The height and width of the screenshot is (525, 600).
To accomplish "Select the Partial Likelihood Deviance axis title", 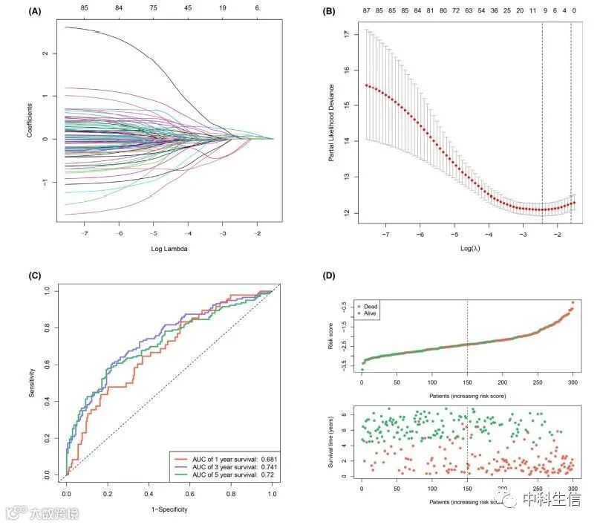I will tap(331, 123).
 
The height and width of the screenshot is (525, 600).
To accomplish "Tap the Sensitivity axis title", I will tap(33, 382).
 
